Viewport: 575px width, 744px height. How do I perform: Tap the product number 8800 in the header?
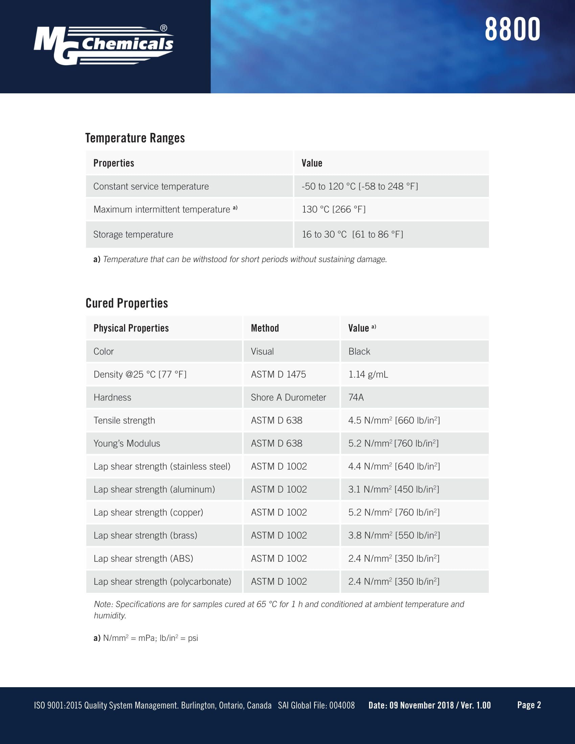coord(512,30)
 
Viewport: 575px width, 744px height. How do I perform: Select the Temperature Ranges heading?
coord(135,138)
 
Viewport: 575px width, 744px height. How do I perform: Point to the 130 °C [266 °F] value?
coord(333,209)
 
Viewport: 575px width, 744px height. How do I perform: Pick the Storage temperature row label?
coord(133,234)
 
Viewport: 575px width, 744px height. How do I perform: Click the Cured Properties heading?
coord(127,303)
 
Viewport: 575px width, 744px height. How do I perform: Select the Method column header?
coord(265,328)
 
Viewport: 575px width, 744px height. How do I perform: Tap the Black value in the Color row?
coord(359,351)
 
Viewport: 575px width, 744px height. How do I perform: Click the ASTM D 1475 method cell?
coord(278,374)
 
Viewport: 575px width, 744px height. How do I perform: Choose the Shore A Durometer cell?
coord(288,397)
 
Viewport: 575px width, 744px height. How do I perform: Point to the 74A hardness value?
coord(356,397)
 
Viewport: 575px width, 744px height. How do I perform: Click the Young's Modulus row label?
coord(127,443)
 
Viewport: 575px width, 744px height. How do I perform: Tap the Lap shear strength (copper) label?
coord(148,512)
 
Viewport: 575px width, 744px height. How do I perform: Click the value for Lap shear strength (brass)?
coord(394,535)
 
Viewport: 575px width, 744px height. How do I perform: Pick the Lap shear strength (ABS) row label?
coord(143,558)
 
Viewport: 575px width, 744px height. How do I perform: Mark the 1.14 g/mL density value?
coord(368,374)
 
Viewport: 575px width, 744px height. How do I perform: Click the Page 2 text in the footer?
coord(529,705)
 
